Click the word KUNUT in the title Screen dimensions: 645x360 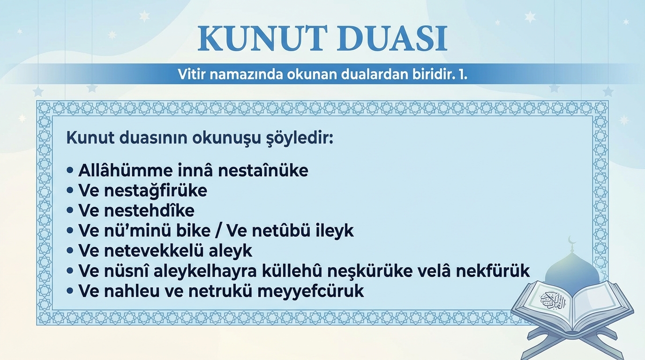tap(262, 38)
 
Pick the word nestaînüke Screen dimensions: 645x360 tap(263, 170)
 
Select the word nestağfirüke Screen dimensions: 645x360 tap(156, 191)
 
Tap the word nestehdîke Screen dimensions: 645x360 tap(149, 210)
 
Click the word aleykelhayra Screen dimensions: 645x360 tap(205, 271)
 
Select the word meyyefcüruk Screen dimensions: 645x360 tap(310, 292)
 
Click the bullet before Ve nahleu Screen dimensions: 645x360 tap(70, 291)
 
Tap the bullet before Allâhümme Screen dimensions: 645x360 tap(70, 170)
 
